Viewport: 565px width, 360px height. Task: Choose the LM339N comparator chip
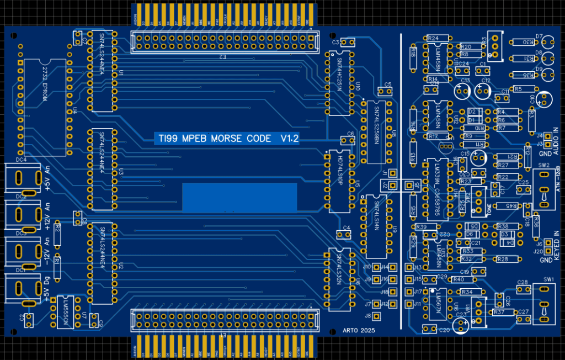(436, 188)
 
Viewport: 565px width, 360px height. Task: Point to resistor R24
(433, 38)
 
